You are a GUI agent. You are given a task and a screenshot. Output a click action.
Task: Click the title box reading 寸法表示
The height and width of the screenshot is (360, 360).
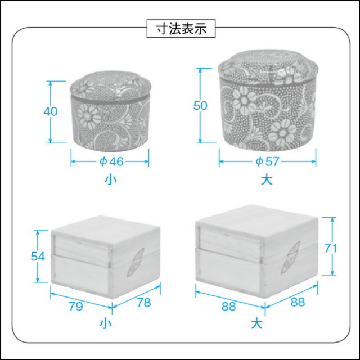tap(181, 29)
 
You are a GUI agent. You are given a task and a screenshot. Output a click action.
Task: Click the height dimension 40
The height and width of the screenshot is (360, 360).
tap(51, 111)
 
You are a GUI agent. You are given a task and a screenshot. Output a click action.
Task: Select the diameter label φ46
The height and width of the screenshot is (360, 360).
tap(111, 161)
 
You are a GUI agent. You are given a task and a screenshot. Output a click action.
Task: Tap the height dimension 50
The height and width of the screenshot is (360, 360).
tap(200, 106)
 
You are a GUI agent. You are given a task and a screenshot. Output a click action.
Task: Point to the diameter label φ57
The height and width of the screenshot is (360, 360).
tap(268, 161)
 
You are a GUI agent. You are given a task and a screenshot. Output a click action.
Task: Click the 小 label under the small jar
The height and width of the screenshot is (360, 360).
tap(111, 179)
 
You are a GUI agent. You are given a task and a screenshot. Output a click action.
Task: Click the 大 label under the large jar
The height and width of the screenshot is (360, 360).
tap(267, 179)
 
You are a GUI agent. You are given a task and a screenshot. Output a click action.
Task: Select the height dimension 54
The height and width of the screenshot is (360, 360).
tap(38, 256)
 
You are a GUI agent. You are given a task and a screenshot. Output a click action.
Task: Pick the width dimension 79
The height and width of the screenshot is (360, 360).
tap(76, 307)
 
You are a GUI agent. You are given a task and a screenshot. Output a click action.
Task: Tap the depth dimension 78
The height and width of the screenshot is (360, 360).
tap(144, 303)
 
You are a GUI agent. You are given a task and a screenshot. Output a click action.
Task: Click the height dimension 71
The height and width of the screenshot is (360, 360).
tap(331, 248)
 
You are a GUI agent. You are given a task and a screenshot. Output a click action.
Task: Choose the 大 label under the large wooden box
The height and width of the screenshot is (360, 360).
tap(256, 324)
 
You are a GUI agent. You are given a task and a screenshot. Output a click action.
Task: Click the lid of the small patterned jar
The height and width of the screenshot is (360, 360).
tap(111, 85)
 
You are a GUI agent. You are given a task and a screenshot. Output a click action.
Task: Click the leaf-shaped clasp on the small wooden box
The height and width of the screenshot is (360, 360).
tap(135, 262)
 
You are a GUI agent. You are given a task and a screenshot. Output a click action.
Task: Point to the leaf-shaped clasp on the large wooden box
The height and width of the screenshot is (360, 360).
tap(291, 256)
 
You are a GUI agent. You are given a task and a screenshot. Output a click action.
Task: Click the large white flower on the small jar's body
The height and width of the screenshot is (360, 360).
tap(89, 117)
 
